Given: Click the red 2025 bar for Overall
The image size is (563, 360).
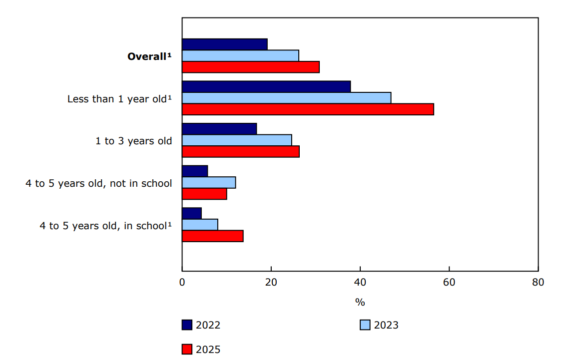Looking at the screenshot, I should click(250, 67).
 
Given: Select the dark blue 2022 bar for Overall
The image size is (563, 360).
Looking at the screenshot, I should click(224, 44).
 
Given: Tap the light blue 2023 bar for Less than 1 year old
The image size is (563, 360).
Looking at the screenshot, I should click(286, 98).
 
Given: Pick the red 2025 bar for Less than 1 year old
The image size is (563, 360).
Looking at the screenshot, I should click(308, 109).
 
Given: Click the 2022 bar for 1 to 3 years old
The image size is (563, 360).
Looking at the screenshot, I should click(219, 128).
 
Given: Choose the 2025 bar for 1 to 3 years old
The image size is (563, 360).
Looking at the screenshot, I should click(240, 151).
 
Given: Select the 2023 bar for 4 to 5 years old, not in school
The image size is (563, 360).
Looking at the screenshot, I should click(209, 182).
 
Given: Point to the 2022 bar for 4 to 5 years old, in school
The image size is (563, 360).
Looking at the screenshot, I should click(192, 213).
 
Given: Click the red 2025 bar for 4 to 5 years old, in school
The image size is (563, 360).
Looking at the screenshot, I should click(212, 236).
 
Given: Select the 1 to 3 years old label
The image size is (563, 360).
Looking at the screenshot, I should click(134, 141).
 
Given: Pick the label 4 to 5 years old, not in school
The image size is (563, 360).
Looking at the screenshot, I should click(99, 183).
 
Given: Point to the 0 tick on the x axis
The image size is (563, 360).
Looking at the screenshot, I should click(182, 282).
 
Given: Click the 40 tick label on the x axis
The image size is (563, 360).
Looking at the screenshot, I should click(360, 282).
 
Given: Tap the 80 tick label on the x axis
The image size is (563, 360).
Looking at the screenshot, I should click(538, 282).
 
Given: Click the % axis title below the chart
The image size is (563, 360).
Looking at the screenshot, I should click(360, 302).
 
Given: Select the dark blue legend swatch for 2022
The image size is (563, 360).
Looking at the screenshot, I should click(187, 325).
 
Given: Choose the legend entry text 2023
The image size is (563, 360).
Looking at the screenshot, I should click(386, 325).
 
